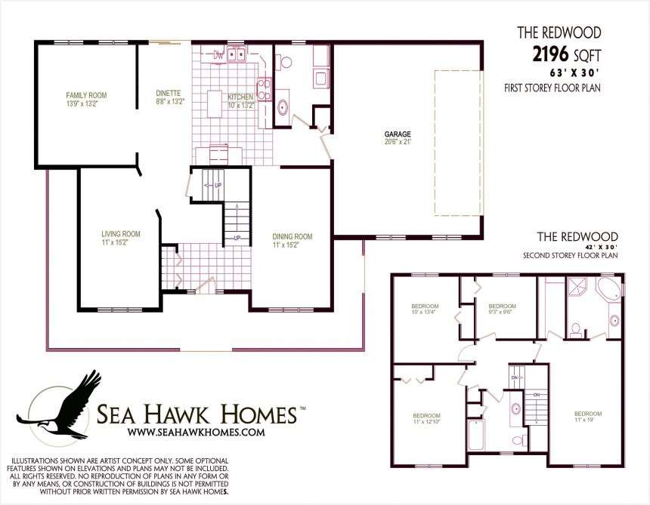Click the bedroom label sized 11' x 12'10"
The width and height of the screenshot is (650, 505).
426,418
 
